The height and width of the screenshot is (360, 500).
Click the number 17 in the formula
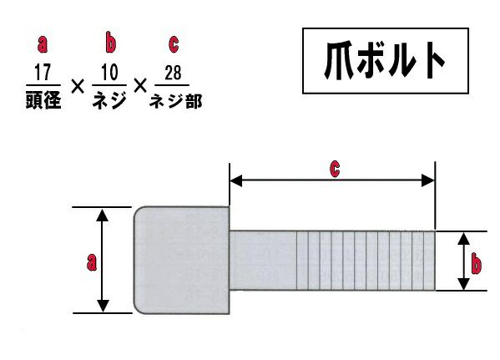[43, 73]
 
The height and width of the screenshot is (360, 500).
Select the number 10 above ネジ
[109, 73]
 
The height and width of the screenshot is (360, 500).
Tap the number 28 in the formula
[173, 73]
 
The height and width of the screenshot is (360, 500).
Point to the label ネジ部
[175, 102]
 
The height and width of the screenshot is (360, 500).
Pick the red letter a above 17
[43, 44]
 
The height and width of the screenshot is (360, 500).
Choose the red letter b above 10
[110, 42]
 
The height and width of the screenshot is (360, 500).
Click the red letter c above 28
[174, 44]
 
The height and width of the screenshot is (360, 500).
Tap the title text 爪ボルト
[385, 61]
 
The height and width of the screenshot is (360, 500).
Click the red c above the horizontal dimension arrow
[335, 169]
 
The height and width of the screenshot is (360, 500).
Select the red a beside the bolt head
[92, 262]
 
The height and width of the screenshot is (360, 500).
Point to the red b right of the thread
[477, 263]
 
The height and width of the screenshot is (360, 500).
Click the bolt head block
[181, 260]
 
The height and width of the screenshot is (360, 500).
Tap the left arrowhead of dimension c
[236, 180]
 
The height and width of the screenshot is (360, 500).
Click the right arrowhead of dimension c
[428, 180]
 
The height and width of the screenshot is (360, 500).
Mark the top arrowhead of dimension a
[102, 215]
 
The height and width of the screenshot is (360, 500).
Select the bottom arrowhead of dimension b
[463, 284]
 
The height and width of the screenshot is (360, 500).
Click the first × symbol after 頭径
[78, 86]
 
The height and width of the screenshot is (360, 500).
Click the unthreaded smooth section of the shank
[263, 261]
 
